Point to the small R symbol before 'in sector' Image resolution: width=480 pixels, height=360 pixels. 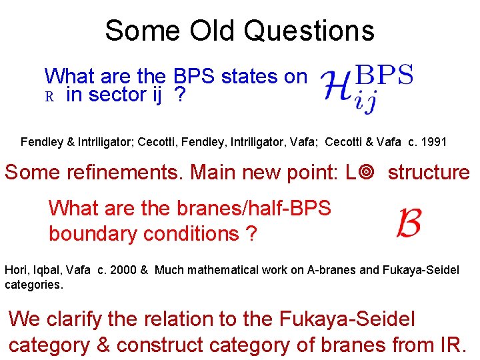point(49,97)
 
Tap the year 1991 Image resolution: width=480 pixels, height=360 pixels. point(434,142)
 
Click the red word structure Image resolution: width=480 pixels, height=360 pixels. point(429,172)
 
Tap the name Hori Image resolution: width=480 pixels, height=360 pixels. point(16,270)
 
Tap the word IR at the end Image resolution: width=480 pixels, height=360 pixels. point(456,345)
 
